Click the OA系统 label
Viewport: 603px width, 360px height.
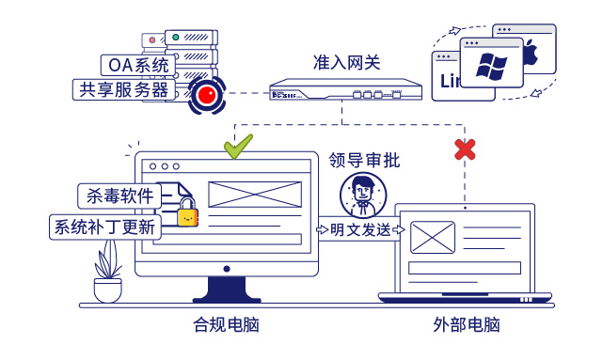coord(137,66)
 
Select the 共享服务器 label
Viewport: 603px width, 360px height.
coord(123,90)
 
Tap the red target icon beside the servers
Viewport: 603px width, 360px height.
coord(206,94)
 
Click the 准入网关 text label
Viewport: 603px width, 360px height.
coord(346,63)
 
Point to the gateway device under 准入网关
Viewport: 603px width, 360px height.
coord(342,92)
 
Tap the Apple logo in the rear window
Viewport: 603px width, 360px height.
coord(529,54)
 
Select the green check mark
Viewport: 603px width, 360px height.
coord(237,146)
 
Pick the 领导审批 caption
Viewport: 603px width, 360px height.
coord(364,160)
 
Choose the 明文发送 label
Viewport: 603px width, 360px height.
coord(360,230)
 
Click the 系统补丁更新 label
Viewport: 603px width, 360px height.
coord(104,227)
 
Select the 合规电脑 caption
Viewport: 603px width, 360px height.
coord(226,325)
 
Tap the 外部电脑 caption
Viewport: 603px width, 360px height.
coord(467,325)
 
